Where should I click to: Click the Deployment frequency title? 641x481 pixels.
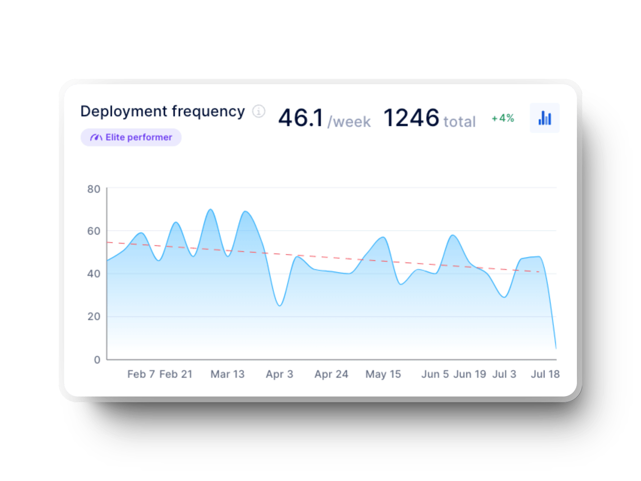pyautogui.click(x=163, y=112)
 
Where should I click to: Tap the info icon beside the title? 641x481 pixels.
pyautogui.click(x=258, y=111)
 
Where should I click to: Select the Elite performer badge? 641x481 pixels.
pyautogui.click(x=131, y=137)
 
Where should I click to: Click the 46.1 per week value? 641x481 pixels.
pyautogui.click(x=324, y=118)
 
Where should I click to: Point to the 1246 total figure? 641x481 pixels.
pyautogui.click(x=429, y=118)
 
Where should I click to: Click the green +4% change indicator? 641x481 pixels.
pyautogui.click(x=503, y=118)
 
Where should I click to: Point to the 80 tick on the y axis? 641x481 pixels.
pyautogui.click(x=94, y=189)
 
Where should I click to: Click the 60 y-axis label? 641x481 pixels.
pyautogui.click(x=94, y=231)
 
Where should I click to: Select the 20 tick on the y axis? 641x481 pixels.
pyautogui.click(x=94, y=317)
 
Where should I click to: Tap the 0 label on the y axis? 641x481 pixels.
pyautogui.click(x=97, y=360)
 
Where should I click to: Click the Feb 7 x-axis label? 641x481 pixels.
pyautogui.click(x=141, y=374)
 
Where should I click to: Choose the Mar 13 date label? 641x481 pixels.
pyautogui.click(x=227, y=374)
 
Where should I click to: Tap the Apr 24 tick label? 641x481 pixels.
pyautogui.click(x=331, y=374)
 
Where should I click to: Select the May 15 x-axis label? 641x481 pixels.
pyautogui.click(x=383, y=374)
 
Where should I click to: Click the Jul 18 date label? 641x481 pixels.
pyautogui.click(x=545, y=374)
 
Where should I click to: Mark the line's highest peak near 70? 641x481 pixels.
pyautogui.click(x=210, y=210)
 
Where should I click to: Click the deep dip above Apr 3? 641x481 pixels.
pyautogui.click(x=280, y=305)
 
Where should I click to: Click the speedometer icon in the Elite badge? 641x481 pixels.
pyautogui.click(x=96, y=137)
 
